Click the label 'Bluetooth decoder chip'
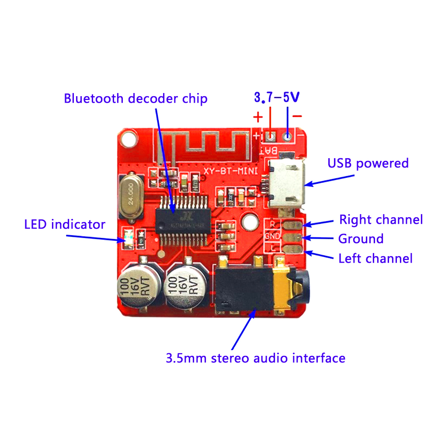(136, 98)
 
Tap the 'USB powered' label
(368, 163)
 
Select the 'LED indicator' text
(65, 225)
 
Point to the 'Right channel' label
(381, 219)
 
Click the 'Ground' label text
(361, 239)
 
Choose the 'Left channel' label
(375, 258)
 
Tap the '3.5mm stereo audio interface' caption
(256, 358)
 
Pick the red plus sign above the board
(258, 117)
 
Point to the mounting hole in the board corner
(129, 139)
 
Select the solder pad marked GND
(292, 237)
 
